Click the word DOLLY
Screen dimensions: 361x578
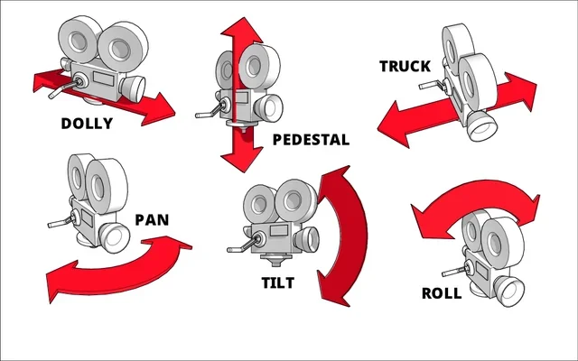87,124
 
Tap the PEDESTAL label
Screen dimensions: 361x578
310,141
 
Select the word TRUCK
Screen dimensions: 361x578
406,67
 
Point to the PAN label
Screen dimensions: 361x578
151,219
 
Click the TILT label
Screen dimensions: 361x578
277,282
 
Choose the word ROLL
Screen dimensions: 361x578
442,293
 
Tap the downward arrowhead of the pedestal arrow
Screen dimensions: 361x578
242,160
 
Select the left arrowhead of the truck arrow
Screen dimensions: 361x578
390,121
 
